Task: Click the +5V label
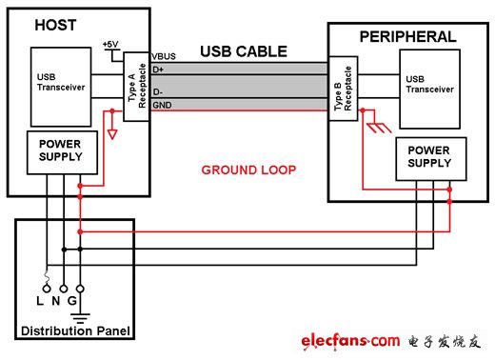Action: pyautogui.click(x=111, y=44)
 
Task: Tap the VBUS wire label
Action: pyautogui.click(x=165, y=57)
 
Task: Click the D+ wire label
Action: pyautogui.click(x=160, y=69)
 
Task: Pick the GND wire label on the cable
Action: pyautogui.click(x=163, y=104)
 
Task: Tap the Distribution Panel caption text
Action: pyautogui.click(x=73, y=332)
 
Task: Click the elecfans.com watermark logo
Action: pyautogui.click(x=349, y=339)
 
